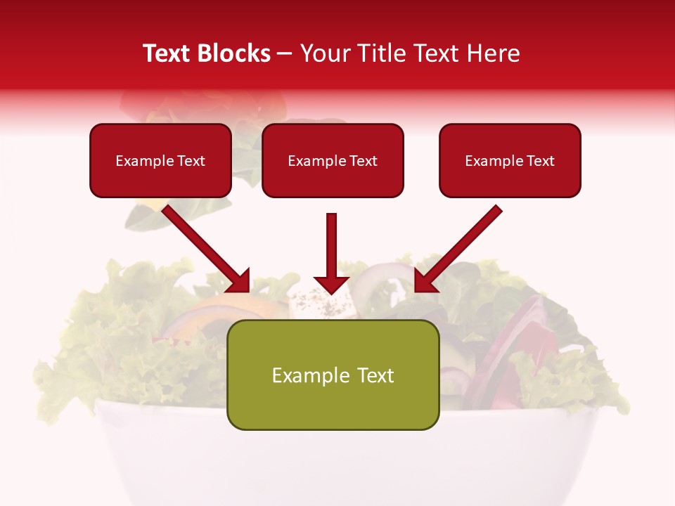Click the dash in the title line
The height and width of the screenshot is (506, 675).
coord(285,53)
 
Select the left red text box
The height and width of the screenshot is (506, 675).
coord(160,160)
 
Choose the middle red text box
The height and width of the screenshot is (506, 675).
coord(333,160)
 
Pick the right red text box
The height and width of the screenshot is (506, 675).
coord(510,160)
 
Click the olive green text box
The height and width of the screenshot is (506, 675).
coord(333,375)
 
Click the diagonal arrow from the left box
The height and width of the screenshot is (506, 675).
coord(204,246)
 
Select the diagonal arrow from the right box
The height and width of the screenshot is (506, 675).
coord(461,246)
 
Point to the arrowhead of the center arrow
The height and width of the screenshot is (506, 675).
coord(332,284)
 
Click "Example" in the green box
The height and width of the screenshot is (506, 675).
coord(306,375)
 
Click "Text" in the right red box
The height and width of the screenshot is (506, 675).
coord(540,161)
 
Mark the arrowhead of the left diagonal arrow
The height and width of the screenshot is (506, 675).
coord(239,281)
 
